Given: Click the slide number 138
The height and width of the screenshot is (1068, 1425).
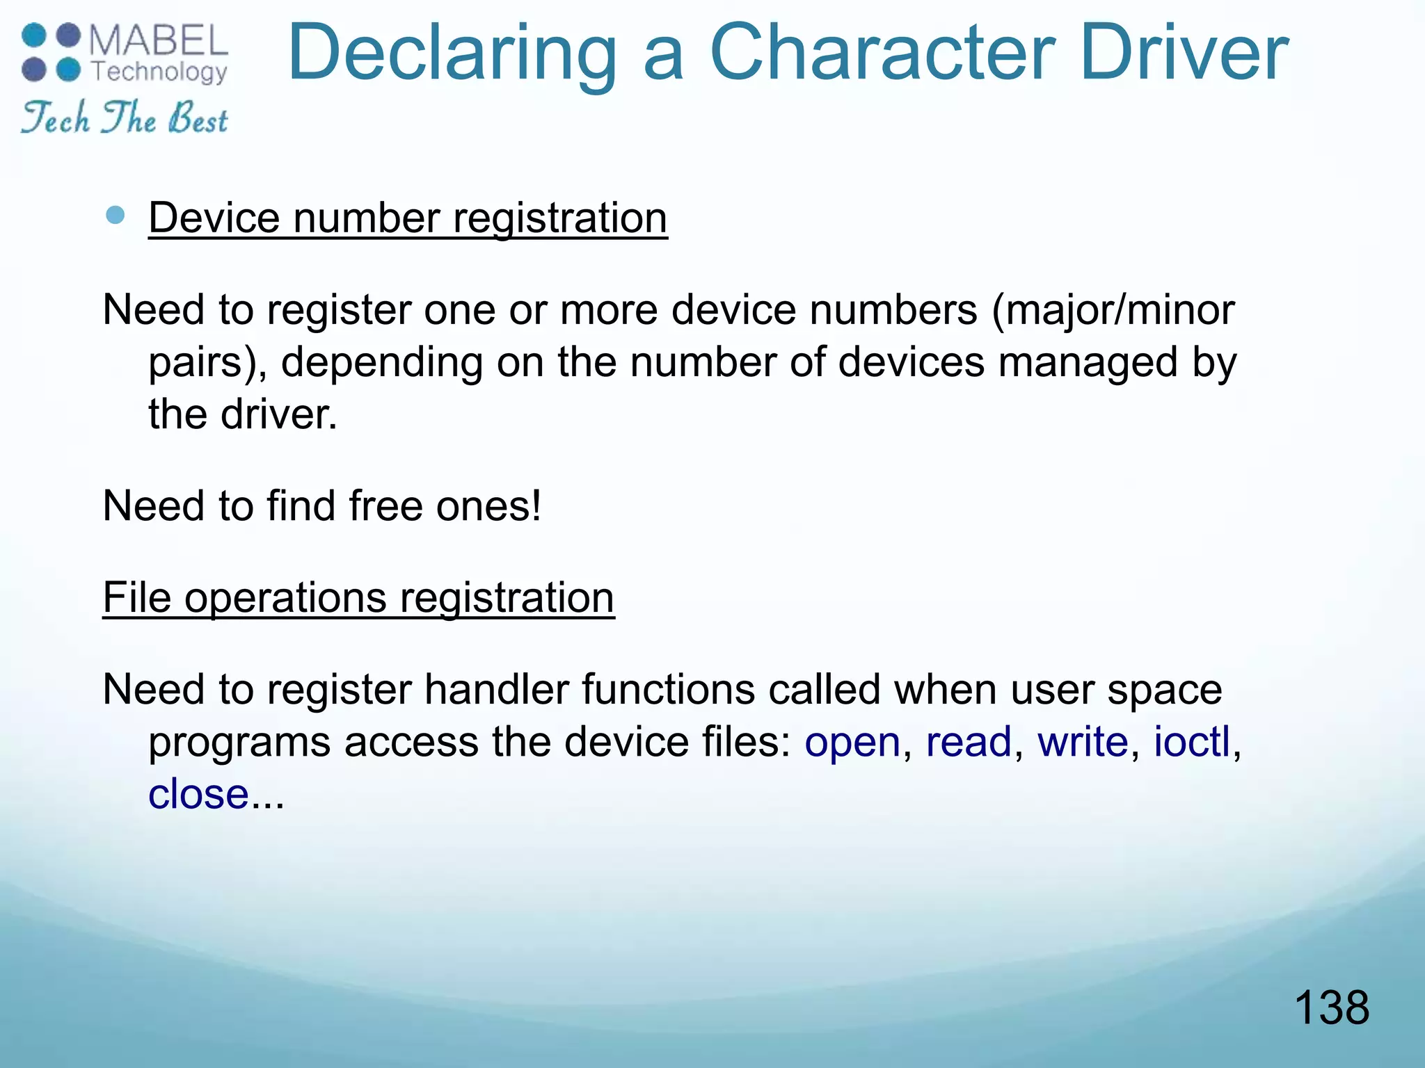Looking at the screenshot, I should click(1331, 1008).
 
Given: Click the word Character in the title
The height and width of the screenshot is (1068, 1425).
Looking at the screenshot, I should click(882, 53).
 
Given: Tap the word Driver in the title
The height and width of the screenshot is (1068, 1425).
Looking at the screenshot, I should click(1184, 53).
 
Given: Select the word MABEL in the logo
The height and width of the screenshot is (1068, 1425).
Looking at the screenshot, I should click(159, 41).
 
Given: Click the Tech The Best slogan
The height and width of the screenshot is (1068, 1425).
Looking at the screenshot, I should click(125, 118).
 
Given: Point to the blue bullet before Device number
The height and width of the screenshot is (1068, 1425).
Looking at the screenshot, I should click(116, 216).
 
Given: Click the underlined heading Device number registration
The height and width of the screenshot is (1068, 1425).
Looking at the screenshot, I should click(408, 218).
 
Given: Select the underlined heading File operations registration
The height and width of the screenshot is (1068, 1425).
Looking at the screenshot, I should click(358, 597).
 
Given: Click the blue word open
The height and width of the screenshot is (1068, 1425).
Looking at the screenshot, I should click(852, 742).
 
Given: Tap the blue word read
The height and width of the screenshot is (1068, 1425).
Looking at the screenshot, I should click(968, 742).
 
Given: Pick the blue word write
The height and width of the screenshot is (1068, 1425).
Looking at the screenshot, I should click(1083, 742).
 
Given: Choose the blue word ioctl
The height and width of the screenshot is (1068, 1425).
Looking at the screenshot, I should click(1192, 742).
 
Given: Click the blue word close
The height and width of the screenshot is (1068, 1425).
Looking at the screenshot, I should click(198, 794).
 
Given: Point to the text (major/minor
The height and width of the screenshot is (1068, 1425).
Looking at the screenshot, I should click(1113, 309).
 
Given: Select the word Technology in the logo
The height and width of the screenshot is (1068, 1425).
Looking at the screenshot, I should click(159, 72).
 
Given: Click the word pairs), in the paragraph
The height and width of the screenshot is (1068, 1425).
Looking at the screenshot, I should click(207, 363).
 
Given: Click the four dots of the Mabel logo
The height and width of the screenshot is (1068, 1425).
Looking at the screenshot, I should click(51, 52).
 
